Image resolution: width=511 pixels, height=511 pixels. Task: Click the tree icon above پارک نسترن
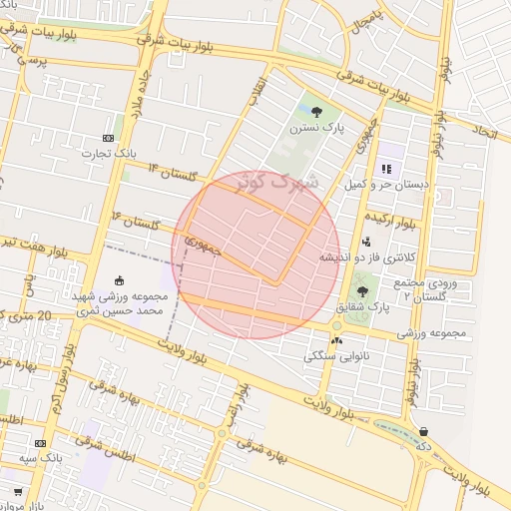click(x=316, y=111)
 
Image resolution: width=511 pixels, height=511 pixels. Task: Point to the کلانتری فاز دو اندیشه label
click(x=366, y=256)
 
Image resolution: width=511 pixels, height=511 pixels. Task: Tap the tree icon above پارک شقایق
click(x=360, y=291)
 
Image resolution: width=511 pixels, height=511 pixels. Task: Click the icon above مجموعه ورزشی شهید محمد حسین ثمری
click(x=120, y=280)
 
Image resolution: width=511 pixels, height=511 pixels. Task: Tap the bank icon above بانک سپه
click(x=40, y=443)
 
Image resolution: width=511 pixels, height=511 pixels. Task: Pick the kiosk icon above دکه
click(x=425, y=432)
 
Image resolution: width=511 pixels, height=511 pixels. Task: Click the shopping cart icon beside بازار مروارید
click(x=18, y=492)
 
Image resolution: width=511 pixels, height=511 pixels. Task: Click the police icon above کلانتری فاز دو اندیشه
click(x=366, y=241)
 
